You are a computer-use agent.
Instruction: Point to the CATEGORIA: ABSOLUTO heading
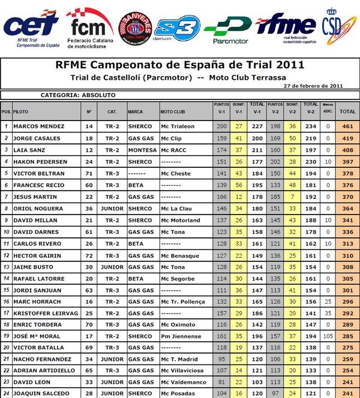click(x=78, y=95)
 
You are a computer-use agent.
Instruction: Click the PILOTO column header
click(x=20, y=112)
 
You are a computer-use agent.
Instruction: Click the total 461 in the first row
click(x=347, y=126)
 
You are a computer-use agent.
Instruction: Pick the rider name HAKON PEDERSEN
click(x=41, y=161)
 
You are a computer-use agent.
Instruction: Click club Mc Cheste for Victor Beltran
click(x=175, y=173)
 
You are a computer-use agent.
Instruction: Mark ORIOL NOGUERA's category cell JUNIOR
click(x=112, y=209)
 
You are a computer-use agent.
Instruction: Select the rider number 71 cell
click(x=89, y=173)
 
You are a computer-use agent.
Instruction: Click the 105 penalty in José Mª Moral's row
click(x=327, y=336)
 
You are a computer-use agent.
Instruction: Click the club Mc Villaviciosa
click(x=182, y=371)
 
